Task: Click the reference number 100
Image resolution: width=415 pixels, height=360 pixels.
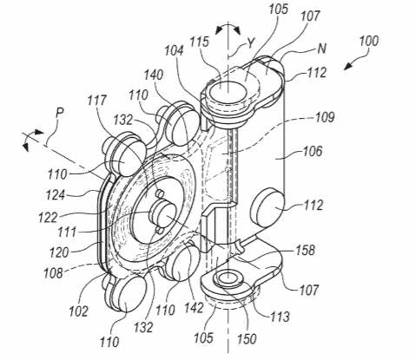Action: [x=369, y=41]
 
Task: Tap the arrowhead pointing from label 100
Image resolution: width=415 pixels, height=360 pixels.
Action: [x=348, y=67]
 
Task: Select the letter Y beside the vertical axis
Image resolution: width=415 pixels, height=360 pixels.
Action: [x=250, y=43]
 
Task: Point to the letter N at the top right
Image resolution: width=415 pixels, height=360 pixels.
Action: [x=321, y=49]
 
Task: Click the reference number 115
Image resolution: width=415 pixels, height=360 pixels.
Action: [x=199, y=42]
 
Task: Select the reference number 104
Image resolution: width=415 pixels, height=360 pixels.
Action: [x=174, y=51]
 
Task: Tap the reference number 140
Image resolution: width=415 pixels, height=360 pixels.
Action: [x=154, y=75]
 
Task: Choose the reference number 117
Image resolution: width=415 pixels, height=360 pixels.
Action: [x=97, y=100]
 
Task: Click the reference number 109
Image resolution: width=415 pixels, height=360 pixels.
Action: [x=325, y=117]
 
